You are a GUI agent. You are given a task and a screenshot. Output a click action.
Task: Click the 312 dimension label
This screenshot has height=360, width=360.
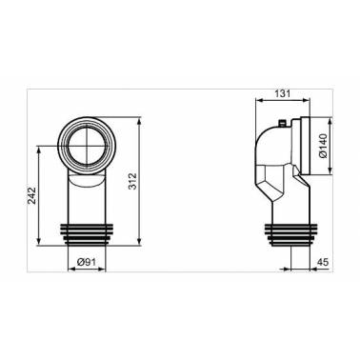click(132, 181)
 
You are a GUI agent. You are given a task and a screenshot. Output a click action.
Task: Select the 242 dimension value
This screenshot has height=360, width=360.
click(32, 195)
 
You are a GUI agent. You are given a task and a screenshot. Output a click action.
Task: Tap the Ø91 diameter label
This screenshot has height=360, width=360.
click(87, 262)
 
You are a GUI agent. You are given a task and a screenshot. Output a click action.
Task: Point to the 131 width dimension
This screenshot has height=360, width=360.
click(283, 93)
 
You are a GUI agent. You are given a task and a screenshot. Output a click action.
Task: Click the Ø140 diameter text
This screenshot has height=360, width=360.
click(323, 147)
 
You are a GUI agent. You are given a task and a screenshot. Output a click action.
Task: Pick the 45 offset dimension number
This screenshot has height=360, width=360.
click(323, 262)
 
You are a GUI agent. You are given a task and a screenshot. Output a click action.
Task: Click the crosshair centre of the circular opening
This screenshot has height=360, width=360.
click(87, 146)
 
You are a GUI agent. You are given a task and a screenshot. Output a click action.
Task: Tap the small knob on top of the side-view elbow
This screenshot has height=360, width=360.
click(282, 122)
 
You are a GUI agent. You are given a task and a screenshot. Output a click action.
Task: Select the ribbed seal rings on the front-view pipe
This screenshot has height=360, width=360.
click(87, 235)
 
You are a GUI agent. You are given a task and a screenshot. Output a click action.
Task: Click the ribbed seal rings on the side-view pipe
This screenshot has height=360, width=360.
click(291, 235)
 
